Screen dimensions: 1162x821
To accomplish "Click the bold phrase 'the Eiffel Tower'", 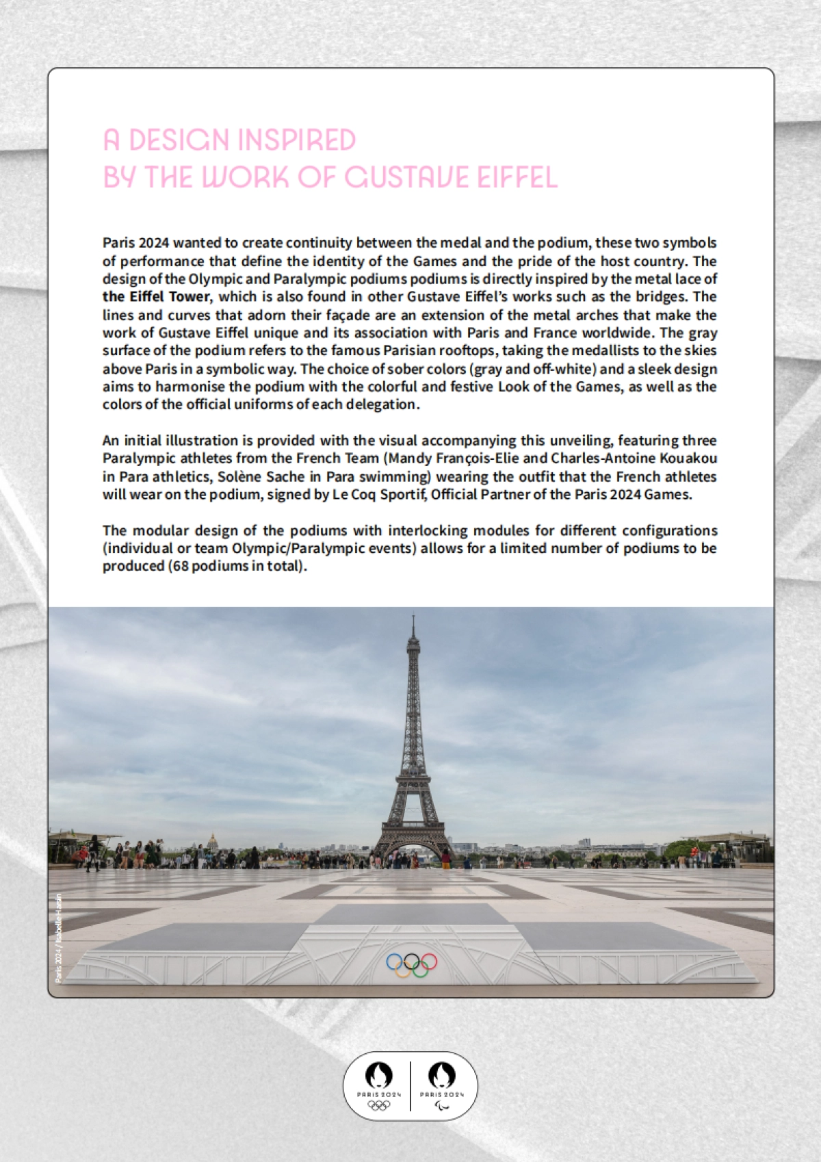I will [156, 297].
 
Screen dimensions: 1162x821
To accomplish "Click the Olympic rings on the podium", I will [411, 964].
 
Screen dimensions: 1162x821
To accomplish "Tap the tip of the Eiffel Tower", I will [413, 618].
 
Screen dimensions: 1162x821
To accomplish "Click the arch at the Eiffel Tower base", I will [413, 851].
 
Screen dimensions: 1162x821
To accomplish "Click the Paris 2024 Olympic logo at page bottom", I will [378, 1085].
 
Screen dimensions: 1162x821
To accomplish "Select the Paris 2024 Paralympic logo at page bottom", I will [442, 1085].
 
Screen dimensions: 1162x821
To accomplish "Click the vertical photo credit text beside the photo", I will [59, 938].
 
